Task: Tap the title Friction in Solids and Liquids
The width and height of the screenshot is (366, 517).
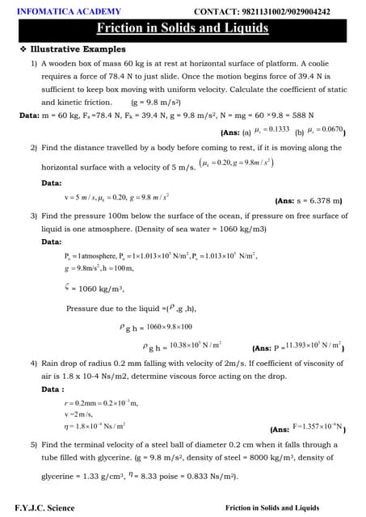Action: (183, 30)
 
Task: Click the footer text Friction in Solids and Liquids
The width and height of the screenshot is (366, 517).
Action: (272, 508)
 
